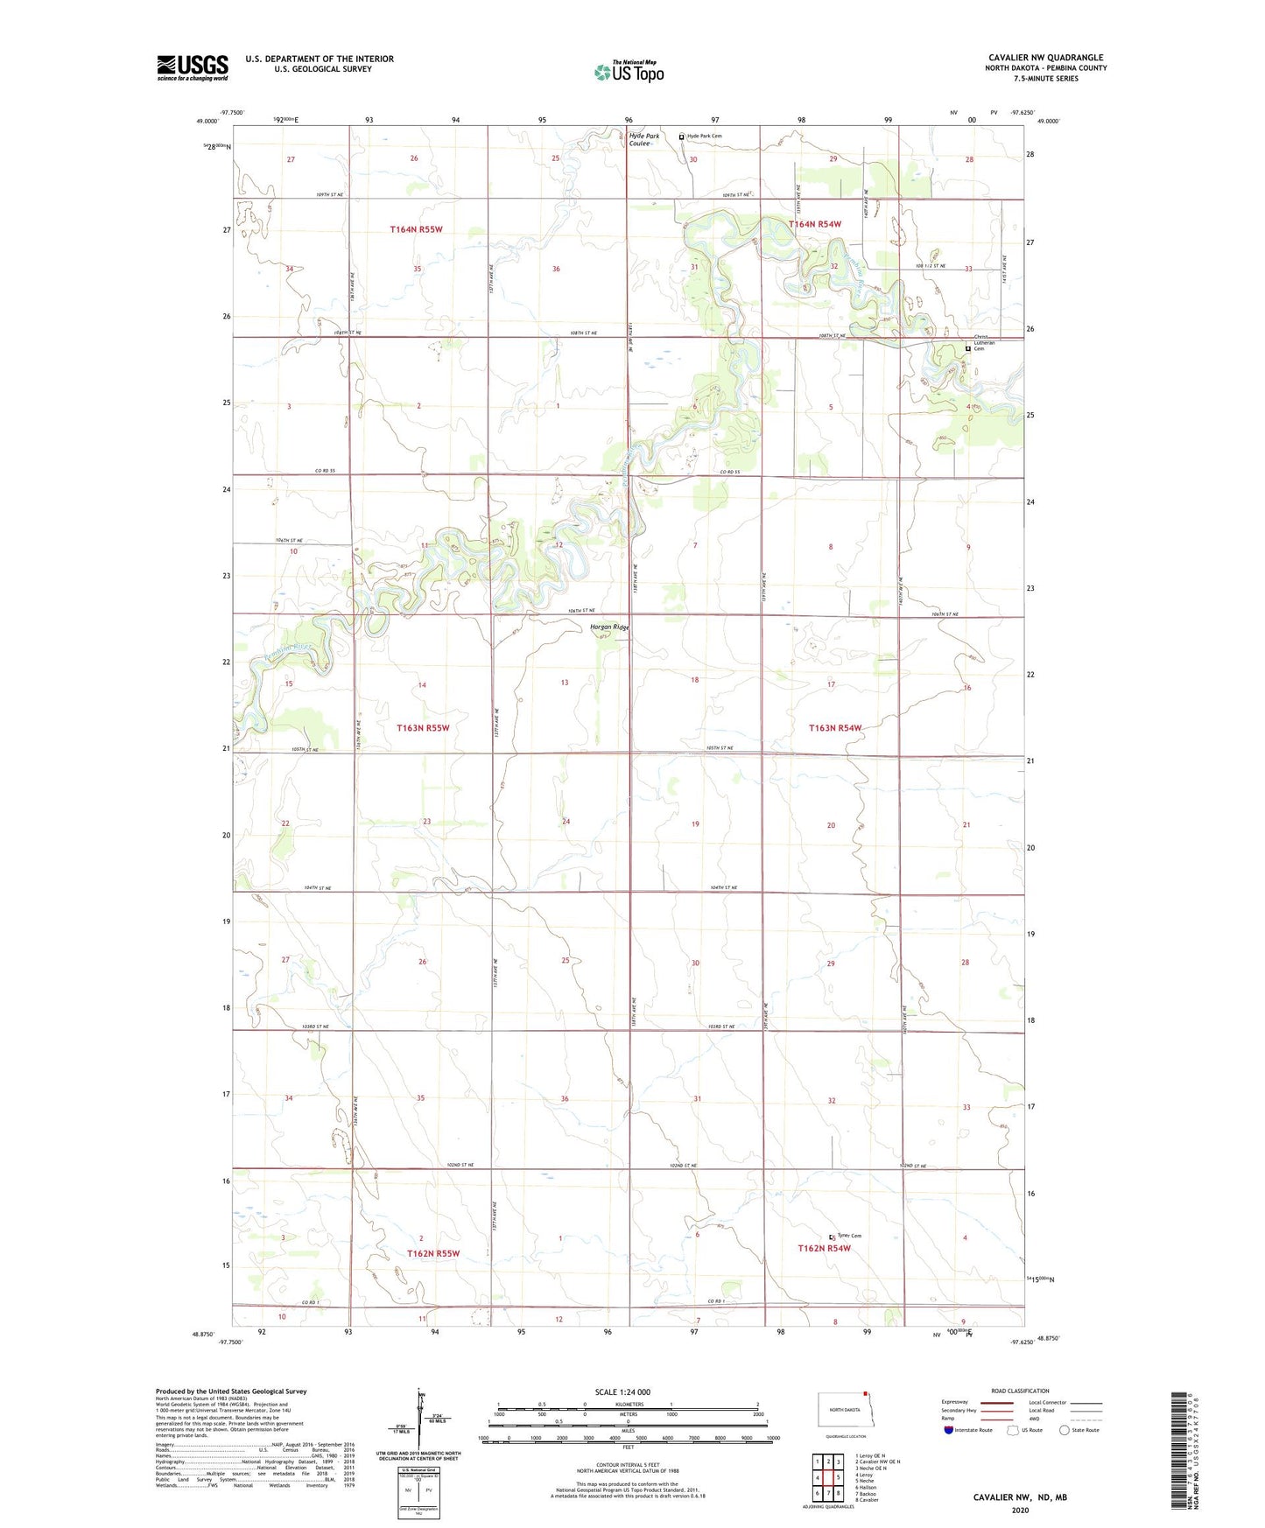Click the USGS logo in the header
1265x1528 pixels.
tap(193, 67)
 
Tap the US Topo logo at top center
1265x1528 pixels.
tap(629, 72)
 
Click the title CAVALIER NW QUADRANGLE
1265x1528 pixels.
tap(1045, 58)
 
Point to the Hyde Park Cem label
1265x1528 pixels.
tap(705, 137)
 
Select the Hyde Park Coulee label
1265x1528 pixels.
tap(643, 140)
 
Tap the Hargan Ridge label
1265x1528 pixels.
tap(609, 627)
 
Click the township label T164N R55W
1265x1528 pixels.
tap(416, 229)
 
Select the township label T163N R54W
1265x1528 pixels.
tap(835, 728)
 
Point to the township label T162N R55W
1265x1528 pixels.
tap(432, 1253)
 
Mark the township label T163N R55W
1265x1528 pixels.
tap(423, 728)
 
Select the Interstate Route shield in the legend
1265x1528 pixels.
tap(950, 1430)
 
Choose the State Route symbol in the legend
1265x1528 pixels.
tap(1065, 1430)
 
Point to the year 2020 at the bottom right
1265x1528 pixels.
tap(1020, 1510)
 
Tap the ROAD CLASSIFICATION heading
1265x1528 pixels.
tap(1020, 1391)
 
